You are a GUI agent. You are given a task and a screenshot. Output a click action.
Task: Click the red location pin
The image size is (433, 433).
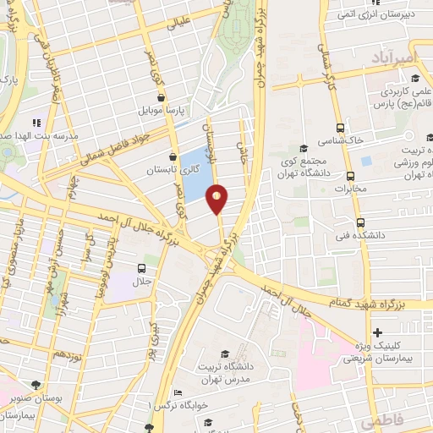pos(217,198)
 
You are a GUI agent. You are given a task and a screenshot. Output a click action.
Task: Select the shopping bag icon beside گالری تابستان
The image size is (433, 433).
pos(173,156)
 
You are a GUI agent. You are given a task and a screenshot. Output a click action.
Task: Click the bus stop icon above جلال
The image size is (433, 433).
pos(141,268)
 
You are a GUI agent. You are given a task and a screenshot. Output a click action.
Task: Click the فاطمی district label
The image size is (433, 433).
pos(379,419)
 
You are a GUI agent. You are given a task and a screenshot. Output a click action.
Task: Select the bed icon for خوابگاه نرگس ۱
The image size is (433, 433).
pos(177,393)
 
